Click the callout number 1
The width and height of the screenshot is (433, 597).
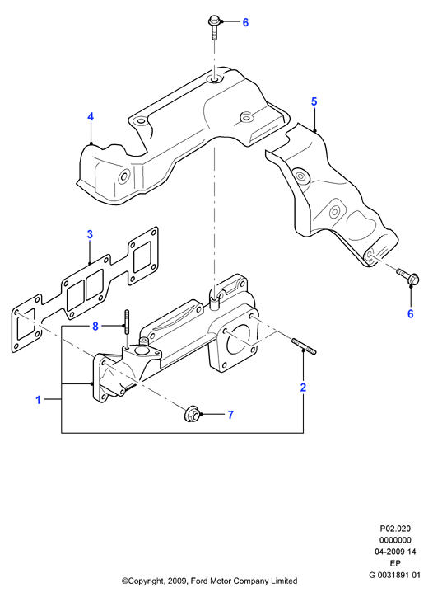[38, 400]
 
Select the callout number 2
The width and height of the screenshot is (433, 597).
[303, 388]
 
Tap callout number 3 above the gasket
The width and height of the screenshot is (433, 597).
[90, 234]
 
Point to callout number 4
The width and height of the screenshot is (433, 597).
[91, 116]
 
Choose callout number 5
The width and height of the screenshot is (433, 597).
[314, 101]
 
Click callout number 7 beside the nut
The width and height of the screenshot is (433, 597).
[230, 415]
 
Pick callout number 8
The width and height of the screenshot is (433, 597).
[95, 327]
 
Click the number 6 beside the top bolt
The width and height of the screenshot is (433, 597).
[245, 23]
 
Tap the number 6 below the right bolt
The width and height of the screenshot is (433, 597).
[410, 314]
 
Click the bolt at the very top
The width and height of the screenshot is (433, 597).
[214, 27]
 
